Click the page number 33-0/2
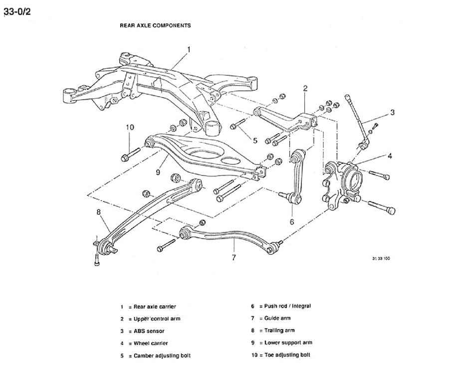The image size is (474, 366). click(17, 11)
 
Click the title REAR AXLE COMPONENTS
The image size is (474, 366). click(155, 25)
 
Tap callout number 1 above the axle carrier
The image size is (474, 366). click(189, 49)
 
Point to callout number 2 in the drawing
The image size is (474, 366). click(305, 88)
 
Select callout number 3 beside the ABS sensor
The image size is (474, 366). click(392, 112)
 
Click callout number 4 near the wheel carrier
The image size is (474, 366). click(390, 156)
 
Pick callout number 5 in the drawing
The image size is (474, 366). click(255, 140)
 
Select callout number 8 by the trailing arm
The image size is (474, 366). click(99, 212)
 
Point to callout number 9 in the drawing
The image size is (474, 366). click(157, 173)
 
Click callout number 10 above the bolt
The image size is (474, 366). click(130, 127)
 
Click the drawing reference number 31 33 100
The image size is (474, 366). click(381, 259)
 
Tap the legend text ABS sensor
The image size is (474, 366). click(149, 331)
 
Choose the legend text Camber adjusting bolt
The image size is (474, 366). click(162, 356)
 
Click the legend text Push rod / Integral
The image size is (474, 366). click(287, 306)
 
